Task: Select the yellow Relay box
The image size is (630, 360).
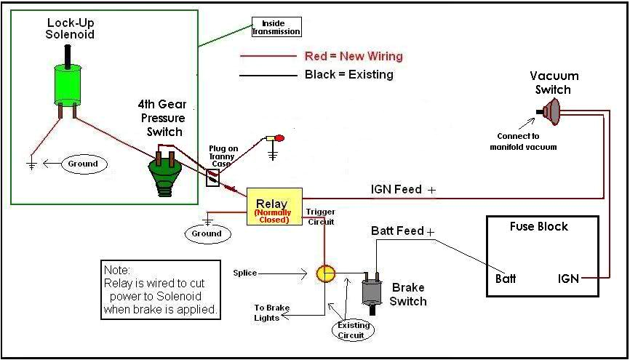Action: click(274, 207)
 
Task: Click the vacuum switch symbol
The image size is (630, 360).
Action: click(552, 112)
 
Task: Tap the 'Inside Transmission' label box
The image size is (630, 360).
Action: click(276, 28)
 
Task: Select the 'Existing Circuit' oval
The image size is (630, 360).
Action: click(354, 330)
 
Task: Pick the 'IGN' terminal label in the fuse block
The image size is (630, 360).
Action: click(568, 278)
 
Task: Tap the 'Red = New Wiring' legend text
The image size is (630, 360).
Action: click(353, 56)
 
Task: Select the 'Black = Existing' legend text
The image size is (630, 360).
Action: click(348, 74)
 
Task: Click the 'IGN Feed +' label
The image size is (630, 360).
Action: click(404, 190)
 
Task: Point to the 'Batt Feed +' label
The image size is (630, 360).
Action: click(403, 231)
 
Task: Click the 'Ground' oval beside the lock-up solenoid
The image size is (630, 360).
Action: click(83, 164)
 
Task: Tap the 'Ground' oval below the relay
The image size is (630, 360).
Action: click(207, 233)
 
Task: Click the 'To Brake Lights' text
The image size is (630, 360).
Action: click(271, 313)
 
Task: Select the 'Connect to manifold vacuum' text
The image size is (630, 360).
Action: click(527, 141)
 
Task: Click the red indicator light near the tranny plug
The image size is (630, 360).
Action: click(279, 137)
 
